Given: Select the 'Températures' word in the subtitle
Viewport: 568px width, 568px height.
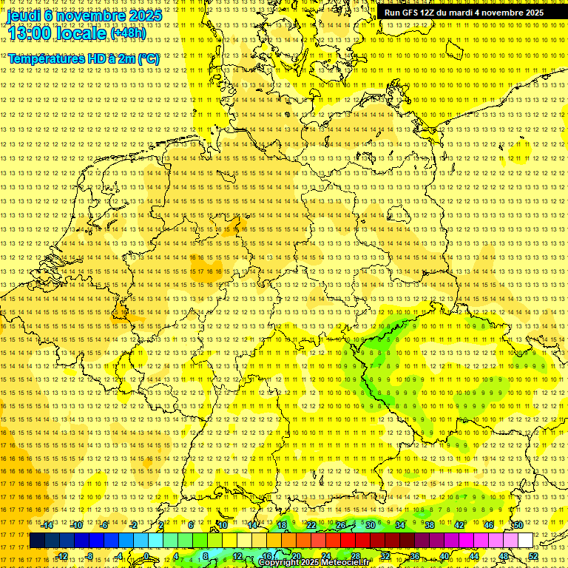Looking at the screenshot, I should [x=43, y=58].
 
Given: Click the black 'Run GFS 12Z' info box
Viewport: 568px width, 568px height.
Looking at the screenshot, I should [x=464, y=13].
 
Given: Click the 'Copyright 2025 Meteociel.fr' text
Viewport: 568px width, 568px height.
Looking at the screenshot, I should [x=314, y=563].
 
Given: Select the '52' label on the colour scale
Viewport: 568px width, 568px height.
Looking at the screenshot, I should [x=533, y=556].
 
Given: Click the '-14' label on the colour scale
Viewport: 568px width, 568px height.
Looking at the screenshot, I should [x=47, y=525].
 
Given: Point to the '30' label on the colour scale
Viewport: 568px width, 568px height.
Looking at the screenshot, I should [x=371, y=525].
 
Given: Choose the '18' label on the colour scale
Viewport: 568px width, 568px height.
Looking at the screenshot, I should [x=282, y=525].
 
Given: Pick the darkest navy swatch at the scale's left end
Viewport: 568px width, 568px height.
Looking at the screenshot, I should [x=37, y=541].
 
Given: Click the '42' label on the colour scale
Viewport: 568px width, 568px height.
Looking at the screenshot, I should [x=459, y=525].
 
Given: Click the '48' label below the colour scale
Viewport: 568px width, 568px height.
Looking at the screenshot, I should [x=504, y=556].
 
